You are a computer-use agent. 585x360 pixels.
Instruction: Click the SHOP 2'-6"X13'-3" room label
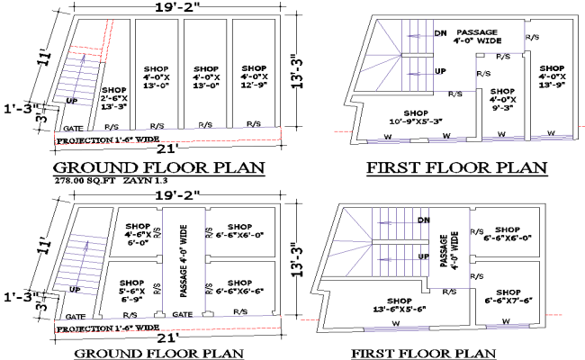pyautogui.click(x=114, y=97)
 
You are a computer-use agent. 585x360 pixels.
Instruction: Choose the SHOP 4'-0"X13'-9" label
pyautogui.click(x=551, y=76)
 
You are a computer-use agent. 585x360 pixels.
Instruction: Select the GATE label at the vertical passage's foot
pyautogui.click(x=182, y=315)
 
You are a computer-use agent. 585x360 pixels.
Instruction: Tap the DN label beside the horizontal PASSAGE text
pyautogui.click(x=440, y=33)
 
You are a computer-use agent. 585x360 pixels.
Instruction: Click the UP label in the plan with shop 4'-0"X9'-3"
pyautogui.click(x=440, y=70)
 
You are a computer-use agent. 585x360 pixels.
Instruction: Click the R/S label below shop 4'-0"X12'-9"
pyautogui.click(x=255, y=125)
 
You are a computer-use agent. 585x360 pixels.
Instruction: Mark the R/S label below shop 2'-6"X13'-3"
pyautogui.click(x=112, y=127)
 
